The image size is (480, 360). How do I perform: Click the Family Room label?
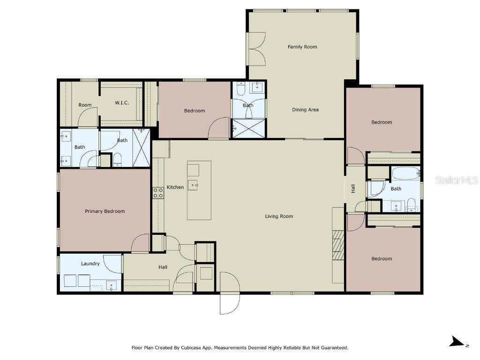tap(302, 47)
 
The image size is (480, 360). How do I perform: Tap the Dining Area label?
tap(305, 110)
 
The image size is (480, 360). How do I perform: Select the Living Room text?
tap(279, 216)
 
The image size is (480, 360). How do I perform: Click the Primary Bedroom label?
tap(105, 211)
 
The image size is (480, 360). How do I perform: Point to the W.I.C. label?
tap(122, 103)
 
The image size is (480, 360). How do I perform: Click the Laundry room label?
tap(90, 263)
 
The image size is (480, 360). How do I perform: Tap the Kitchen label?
tap(175, 187)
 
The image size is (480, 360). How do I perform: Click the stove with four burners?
tap(157, 193)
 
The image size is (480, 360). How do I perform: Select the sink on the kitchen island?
tap(194, 185)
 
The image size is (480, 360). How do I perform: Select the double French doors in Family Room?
tap(257, 49)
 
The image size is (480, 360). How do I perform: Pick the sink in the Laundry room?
tap(111, 285)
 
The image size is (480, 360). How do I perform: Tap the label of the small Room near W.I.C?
tap(85, 105)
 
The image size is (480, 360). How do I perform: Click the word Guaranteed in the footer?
tap(332, 348)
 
